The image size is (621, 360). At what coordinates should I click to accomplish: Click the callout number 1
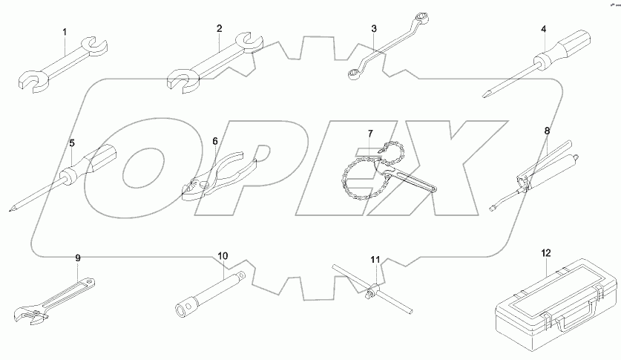coord(65,33)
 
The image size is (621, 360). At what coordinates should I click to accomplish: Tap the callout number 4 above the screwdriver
coord(544,30)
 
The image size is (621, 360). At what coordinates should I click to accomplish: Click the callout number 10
coord(223,256)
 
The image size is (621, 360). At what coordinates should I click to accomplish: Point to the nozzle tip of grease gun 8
coord(492,209)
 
